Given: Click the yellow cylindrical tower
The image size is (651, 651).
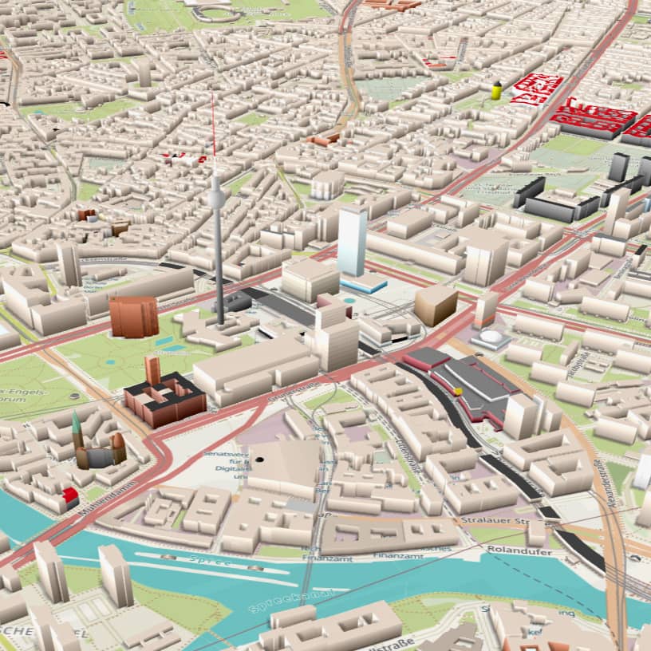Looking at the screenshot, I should [496, 90].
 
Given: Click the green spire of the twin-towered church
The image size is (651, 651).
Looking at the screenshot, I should [76, 424].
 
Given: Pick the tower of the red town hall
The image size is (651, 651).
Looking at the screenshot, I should [152, 371].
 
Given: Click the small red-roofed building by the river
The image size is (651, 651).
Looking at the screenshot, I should [70, 495].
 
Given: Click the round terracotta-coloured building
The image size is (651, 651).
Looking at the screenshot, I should [134, 316].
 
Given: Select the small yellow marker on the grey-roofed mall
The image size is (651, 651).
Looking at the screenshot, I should [458, 391].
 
